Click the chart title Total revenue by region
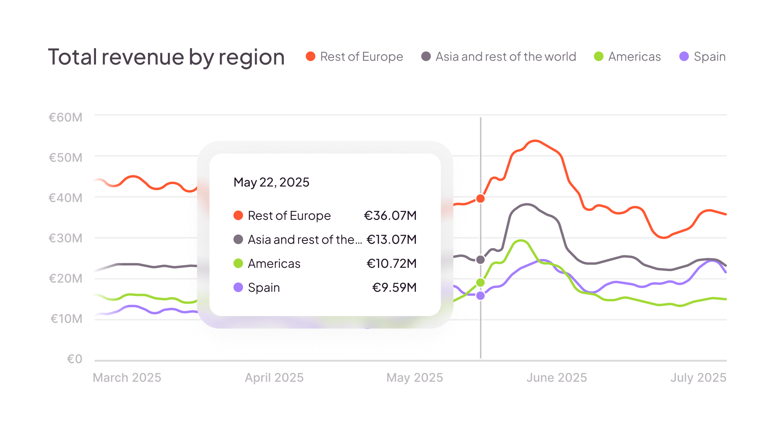166,57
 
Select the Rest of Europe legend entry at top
355,56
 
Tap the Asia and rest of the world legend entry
499,56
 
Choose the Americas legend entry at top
627,56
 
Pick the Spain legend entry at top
703,56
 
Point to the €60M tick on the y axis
65,117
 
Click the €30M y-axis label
65,238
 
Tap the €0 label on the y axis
75,359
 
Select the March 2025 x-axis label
127,377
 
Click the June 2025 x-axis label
557,377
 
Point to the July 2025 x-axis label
698,377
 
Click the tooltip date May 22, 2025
271,182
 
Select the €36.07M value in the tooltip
390,215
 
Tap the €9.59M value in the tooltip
394,287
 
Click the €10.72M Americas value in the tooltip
391,263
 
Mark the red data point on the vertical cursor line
481,198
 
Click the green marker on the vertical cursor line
481,282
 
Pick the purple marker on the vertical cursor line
481,296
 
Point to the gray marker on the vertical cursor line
481,260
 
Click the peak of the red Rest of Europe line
535,141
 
